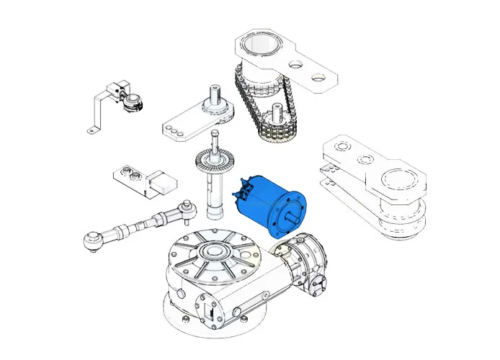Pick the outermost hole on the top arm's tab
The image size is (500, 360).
tap(316, 73)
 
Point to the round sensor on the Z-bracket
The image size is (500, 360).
tap(130, 103)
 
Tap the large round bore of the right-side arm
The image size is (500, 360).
tap(398, 179)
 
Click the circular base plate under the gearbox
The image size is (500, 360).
tap(216, 328)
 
